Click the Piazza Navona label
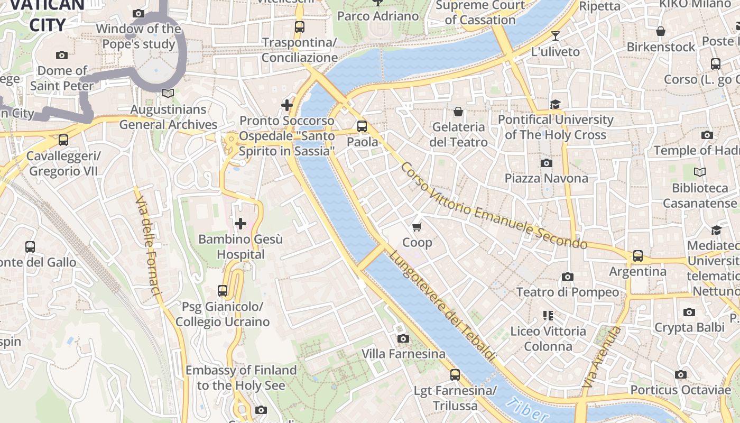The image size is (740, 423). click(546, 178)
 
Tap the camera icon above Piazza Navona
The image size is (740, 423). click(547, 163)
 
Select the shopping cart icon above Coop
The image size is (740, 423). click(417, 227)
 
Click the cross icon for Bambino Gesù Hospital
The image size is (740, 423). click(240, 224)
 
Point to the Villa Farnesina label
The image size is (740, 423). click(403, 354)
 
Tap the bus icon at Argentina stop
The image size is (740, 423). click(638, 256)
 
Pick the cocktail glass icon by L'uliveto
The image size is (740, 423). click(555, 36)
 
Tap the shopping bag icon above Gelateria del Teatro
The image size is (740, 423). click(458, 112)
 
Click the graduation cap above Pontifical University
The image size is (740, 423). click(555, 104)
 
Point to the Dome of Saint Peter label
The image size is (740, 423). click(62, 78)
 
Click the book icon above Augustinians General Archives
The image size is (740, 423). click(168, 94)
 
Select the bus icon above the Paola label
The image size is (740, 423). click(362, 126)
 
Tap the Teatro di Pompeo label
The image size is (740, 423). click(567, 292)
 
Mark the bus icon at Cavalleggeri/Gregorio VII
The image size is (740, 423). click(63, 140)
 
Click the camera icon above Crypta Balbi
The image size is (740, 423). click(689, 312)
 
